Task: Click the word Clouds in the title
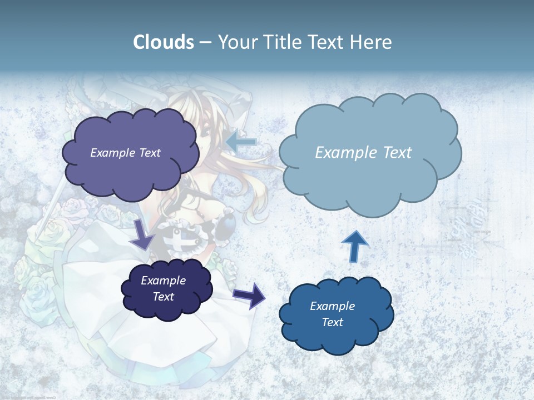point(163,42)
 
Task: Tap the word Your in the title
point(238,42)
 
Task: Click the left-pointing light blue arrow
point(241,142)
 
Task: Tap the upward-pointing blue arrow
point(355,246)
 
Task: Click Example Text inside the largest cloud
point(363,153)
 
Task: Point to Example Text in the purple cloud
point(125,153)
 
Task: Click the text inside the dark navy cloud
point(164,289)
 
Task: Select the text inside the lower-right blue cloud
point(332,314)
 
